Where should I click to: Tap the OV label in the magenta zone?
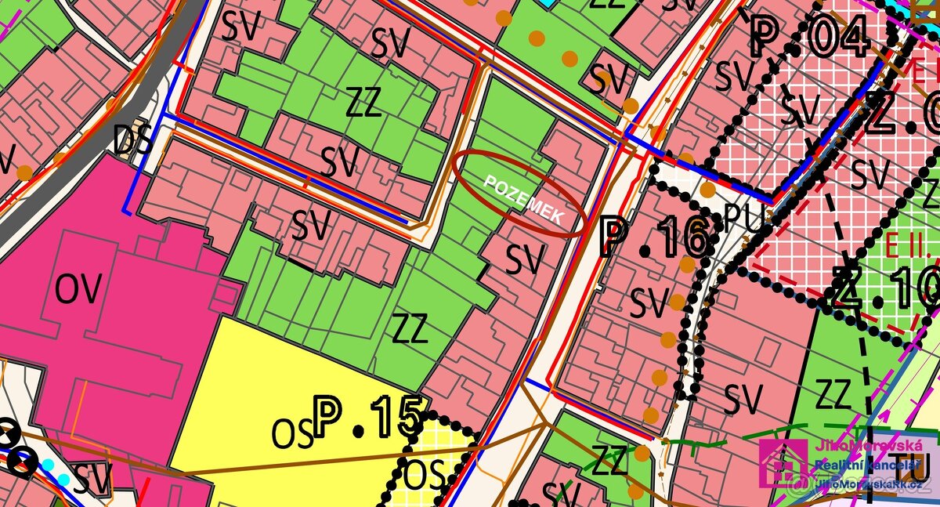coord(78,291)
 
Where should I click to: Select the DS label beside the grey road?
coord(131,141)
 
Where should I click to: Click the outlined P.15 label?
coord(368,417)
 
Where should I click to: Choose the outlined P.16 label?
coord(656,238)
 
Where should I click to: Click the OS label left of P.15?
coord(293,434)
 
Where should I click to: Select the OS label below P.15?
coord(425,474)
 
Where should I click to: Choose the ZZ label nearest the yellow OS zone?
coord(410,330)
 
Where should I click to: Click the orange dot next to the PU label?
coord(708,190)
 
